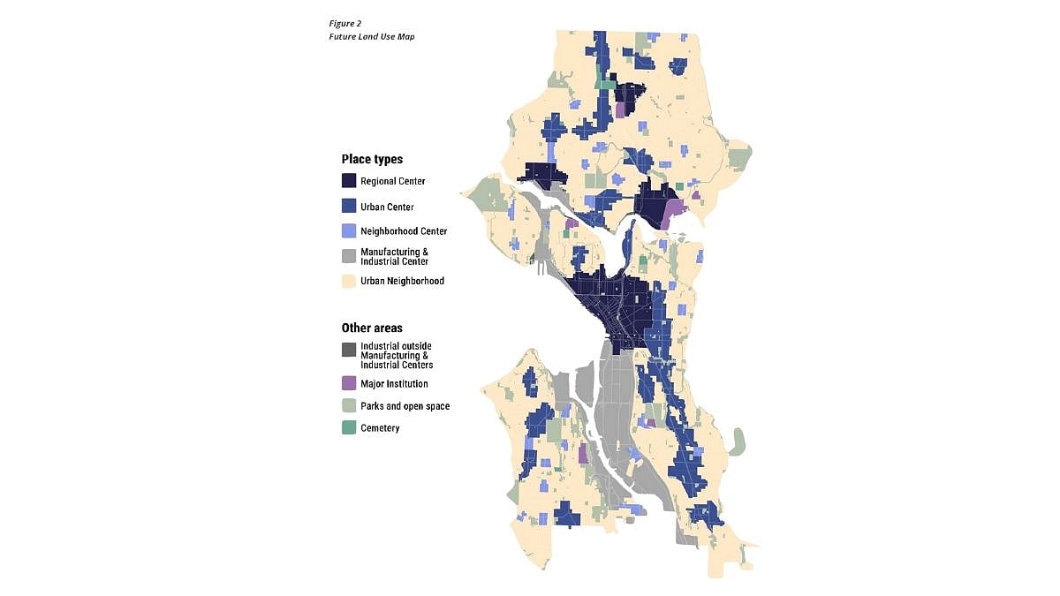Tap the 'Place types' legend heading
coord(372,160)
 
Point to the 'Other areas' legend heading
coord(372,328)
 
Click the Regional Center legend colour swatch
coord(349,181)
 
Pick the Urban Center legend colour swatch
coord(349,207)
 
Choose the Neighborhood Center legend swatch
coord(349,231)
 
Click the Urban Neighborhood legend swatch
coord(349,281)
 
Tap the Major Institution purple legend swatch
coord(349,384)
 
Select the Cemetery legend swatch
coord(349,428)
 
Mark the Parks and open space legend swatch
coord(349,406)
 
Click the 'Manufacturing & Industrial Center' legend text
coord(394,256)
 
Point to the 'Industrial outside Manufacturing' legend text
coord(396,355)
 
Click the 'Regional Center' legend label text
coord(392,181)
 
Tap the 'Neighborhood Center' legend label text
coord(404,231)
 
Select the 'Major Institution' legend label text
coord(394,384)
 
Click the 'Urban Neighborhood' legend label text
coord(402,281)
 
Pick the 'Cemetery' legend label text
coord(380,428)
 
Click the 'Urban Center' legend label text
coord(387,207)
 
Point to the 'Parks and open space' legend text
coord(405,406)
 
